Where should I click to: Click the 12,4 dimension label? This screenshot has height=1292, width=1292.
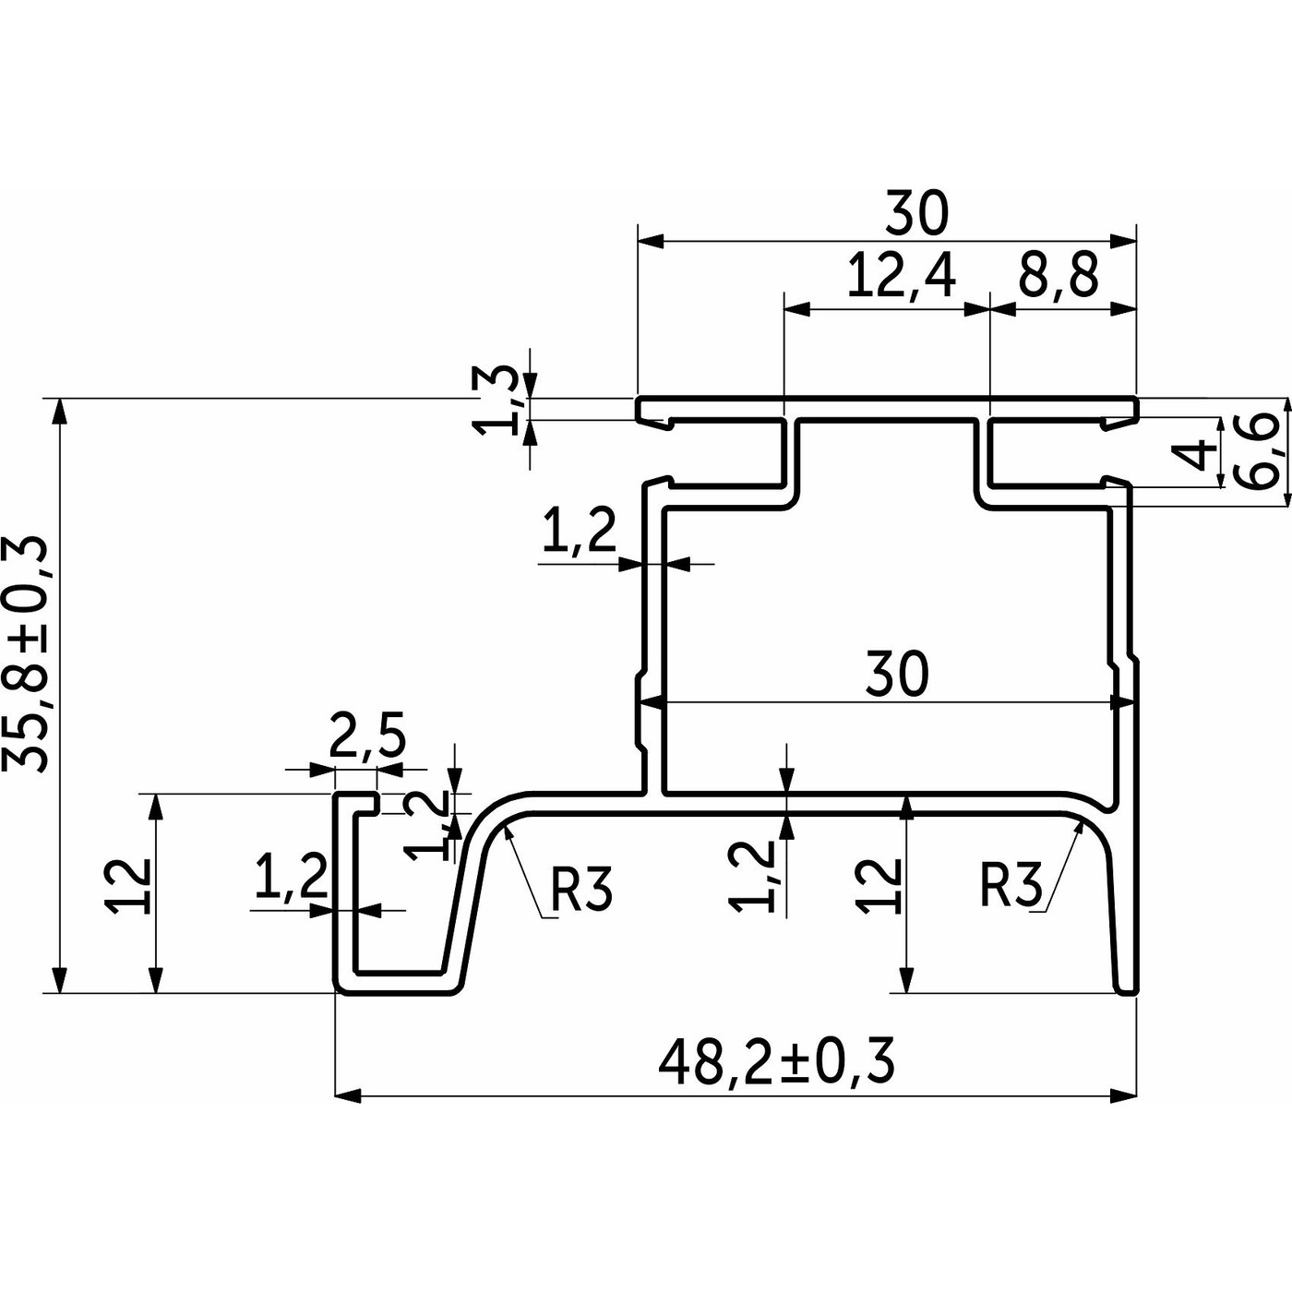click(901, 276)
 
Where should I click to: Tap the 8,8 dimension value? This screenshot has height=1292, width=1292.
click(1059, 276)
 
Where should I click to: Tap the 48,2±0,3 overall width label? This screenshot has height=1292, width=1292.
click(777, 1062)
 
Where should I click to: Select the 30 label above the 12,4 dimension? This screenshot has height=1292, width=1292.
click(916, 213)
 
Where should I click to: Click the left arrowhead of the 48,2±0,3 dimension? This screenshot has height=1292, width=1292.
click(347, 1095)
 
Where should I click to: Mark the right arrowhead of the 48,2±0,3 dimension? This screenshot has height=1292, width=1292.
click(1124, 1095)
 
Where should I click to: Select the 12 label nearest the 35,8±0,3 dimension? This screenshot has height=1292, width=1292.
click(128, 886)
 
